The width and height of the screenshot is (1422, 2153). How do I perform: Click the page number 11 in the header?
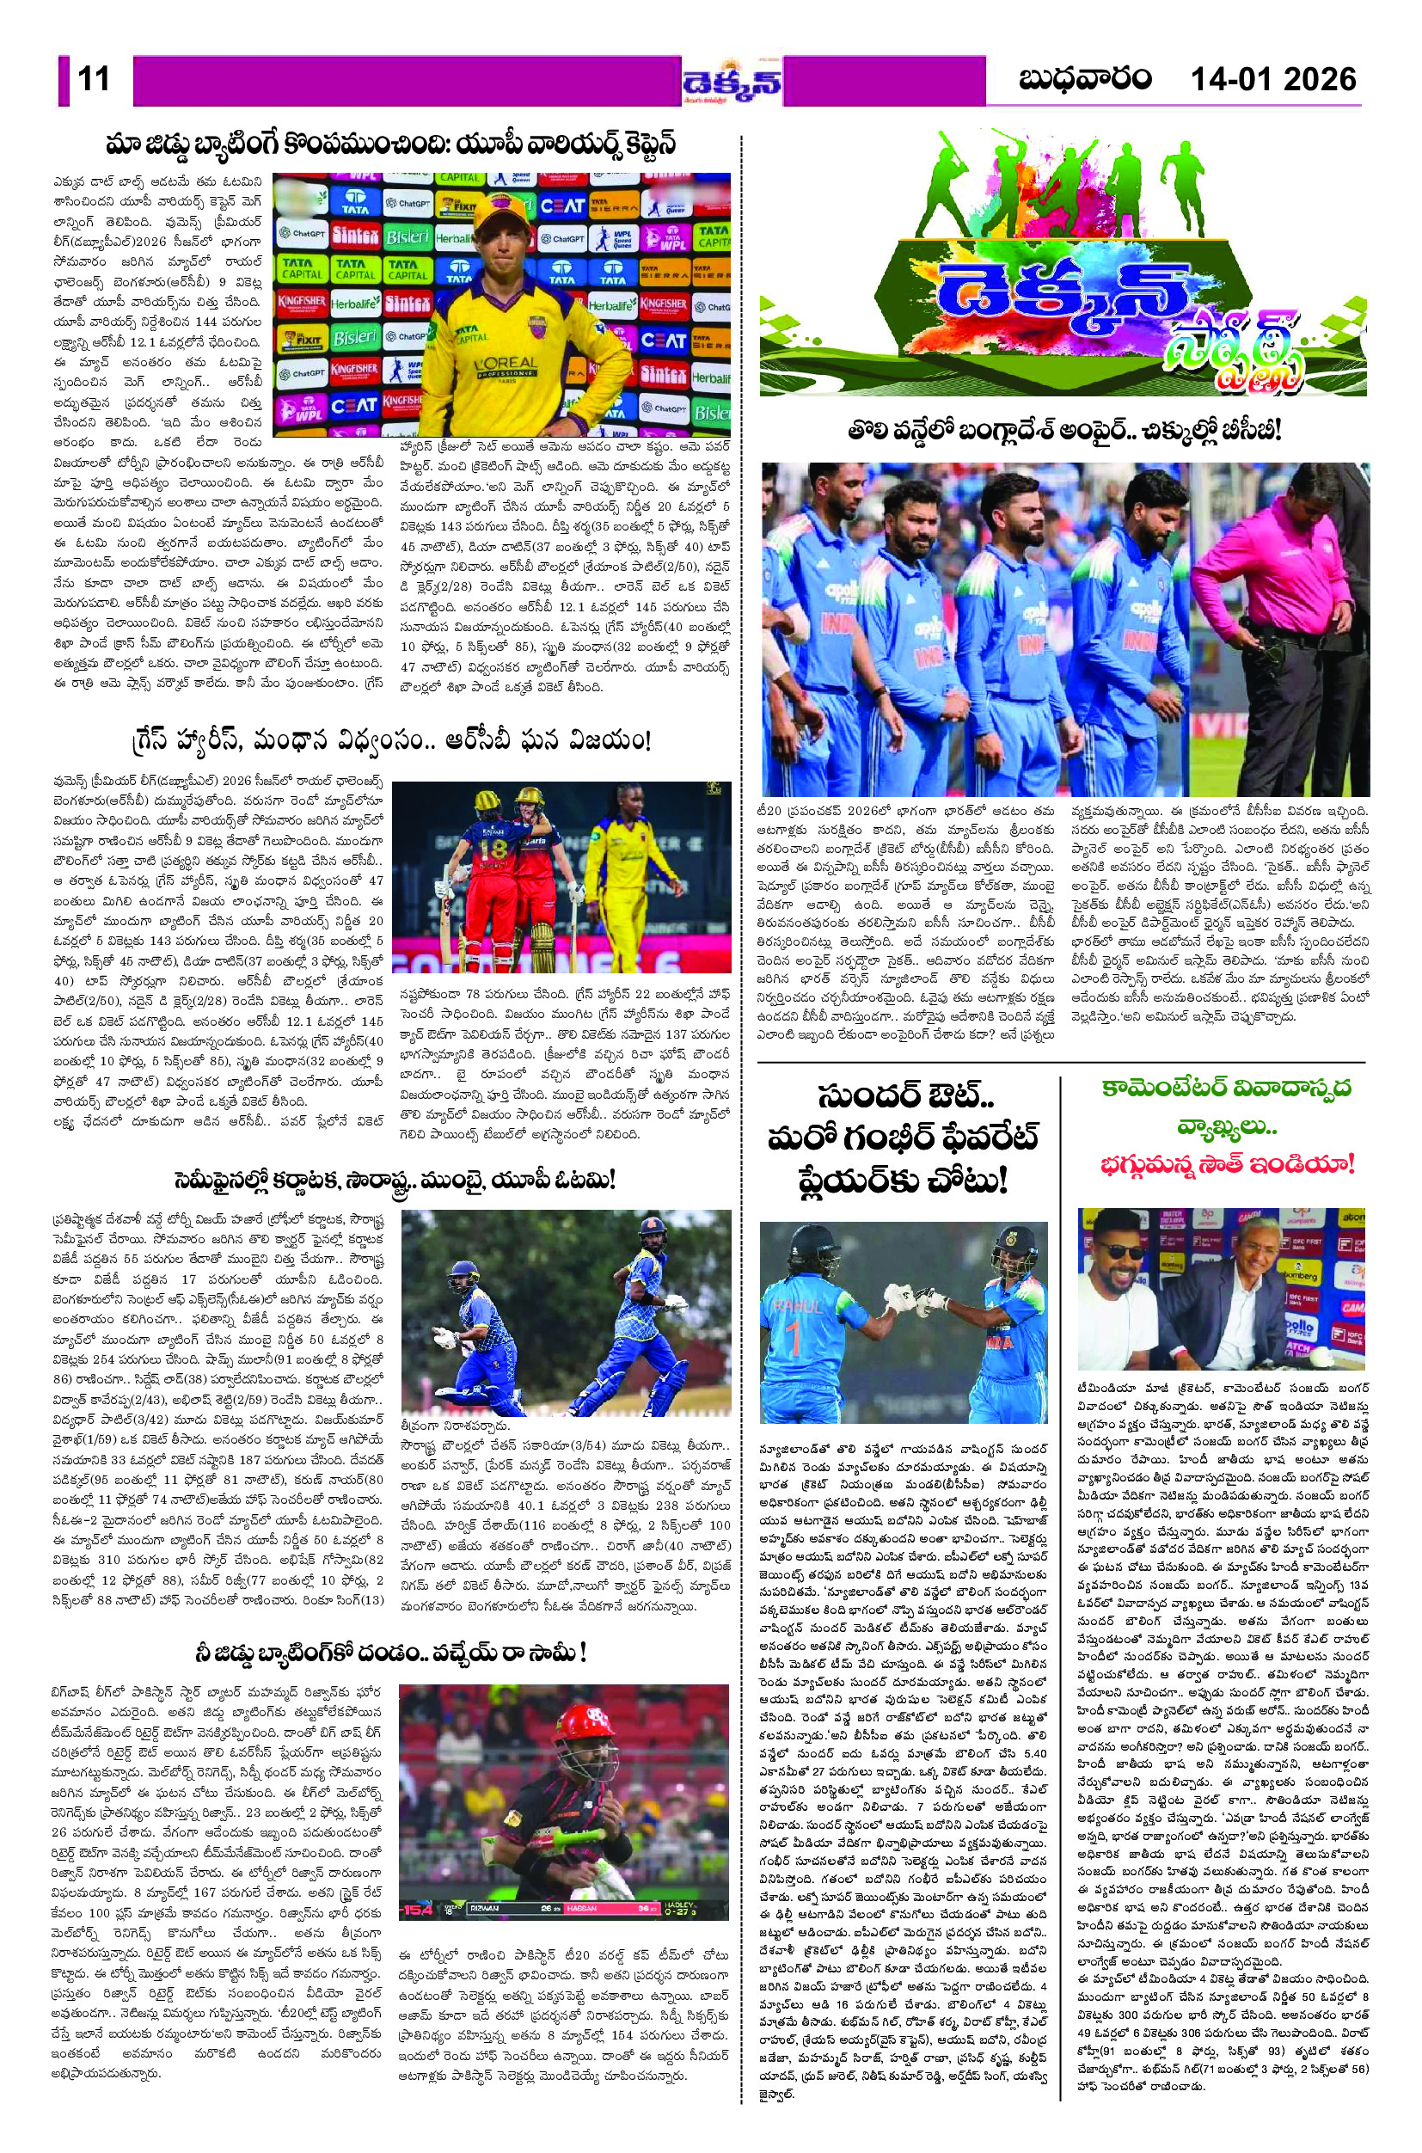94,80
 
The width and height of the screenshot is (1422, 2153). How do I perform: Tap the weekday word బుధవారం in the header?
1085,80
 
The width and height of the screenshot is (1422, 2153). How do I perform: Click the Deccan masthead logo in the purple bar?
732,82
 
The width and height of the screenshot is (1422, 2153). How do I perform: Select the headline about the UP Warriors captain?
391,146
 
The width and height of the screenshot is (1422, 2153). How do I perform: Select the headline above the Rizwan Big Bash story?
393,1652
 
